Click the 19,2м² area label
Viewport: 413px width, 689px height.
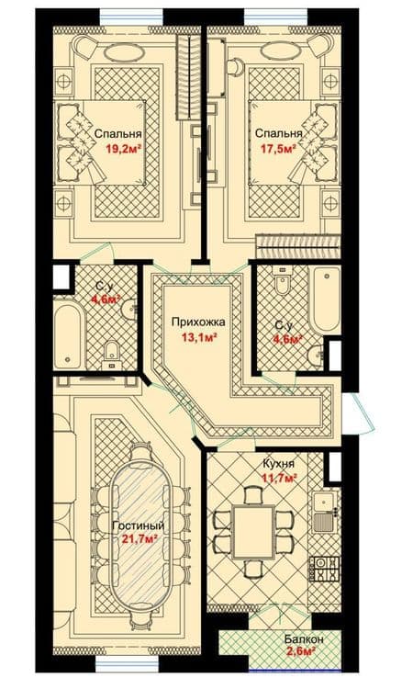[123, 149]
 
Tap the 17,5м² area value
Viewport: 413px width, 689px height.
[278, 149]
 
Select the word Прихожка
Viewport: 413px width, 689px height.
[198, 322]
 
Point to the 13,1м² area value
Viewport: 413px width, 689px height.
[200, 337]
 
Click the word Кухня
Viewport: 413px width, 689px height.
[279, 464]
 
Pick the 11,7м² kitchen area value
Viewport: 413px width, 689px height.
[280, 477]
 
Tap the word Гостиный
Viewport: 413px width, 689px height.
[139, 525]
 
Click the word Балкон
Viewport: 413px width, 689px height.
[304, 639]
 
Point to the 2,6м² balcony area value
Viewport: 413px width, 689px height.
[302, 652]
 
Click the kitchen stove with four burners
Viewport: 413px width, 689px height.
[325, 569]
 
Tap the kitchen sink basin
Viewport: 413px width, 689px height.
[324, 500]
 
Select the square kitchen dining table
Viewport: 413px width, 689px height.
[253, 532]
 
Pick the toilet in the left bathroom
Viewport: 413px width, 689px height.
[112, 354]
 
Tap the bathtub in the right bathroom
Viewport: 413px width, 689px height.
[324, 300]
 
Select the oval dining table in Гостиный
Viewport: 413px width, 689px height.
[139, 531]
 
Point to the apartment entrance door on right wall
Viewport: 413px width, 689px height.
[359, 412]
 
